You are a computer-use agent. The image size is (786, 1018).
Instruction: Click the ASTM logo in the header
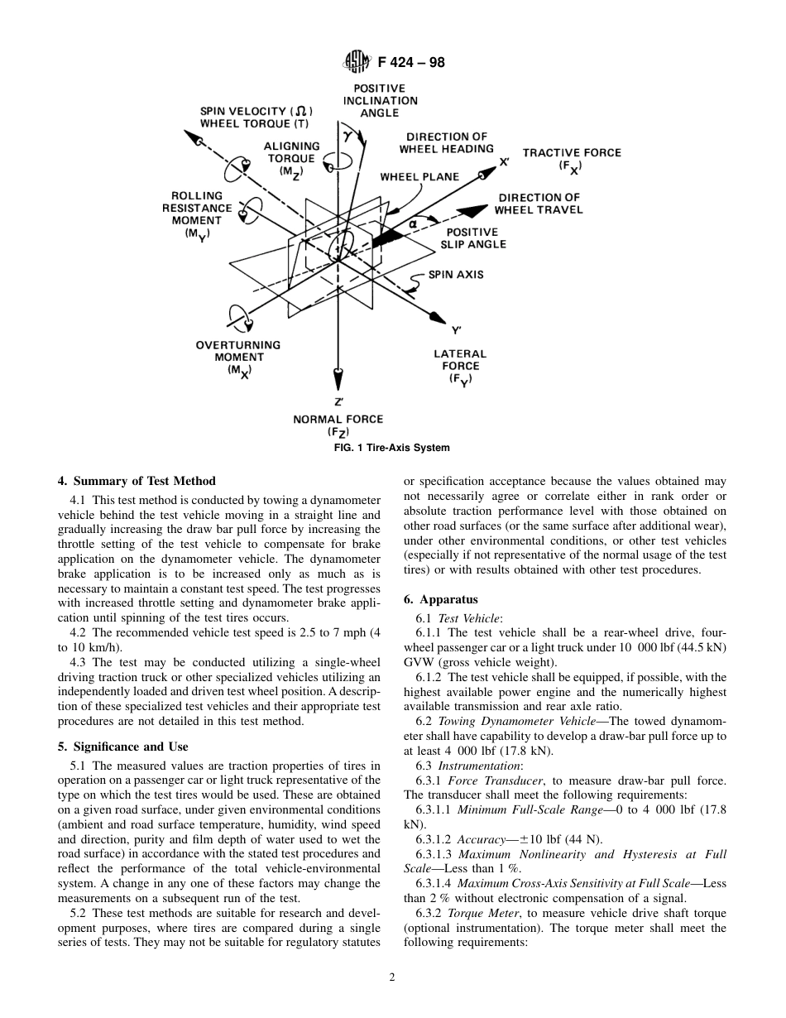point(358,61)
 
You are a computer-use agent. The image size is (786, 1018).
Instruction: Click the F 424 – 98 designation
point(411,61)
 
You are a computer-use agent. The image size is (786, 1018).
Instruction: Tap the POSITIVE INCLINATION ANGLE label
point(380,100)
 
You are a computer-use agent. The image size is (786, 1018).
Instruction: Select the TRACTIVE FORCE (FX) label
point(571,159)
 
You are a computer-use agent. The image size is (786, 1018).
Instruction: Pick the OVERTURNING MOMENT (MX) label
point(238,358)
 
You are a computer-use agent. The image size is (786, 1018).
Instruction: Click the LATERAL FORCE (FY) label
point(460,367)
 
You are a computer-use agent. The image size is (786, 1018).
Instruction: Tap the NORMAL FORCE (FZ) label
point(338,425)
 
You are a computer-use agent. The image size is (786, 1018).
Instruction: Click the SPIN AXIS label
point(456,275)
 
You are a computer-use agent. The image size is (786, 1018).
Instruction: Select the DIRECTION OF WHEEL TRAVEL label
point(539,204)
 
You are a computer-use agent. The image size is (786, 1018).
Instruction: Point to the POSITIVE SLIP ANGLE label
point(472,238)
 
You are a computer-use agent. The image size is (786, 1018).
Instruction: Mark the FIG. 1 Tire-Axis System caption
point(392,448)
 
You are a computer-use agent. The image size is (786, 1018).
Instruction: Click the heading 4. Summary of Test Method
point(137,481)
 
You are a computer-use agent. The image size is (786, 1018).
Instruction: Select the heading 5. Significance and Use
point(123,747)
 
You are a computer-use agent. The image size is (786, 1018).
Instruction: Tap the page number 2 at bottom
point(392,977)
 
